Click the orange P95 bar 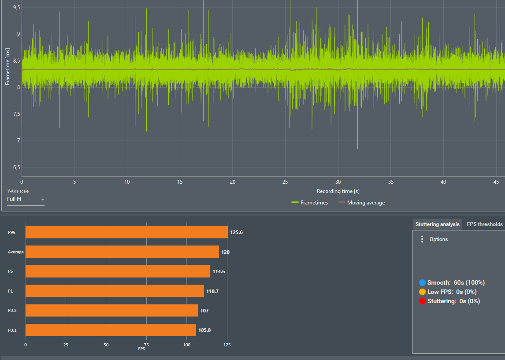click(126, 232)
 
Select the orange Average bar click(122, 252)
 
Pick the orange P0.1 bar click(111, 330)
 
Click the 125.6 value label click(236, 232)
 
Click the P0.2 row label click(12, 311)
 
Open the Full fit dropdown click(26, 200)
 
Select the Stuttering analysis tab click(437, 224)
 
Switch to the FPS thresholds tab click(484, 224)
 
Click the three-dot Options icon click(422, 239)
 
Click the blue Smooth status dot click(422, 282)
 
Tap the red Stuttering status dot click(422, 301)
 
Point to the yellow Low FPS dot click(422, 292)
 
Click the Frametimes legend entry click(309, 203)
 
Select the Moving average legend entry click(361, 203)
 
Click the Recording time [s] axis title click(338, 191)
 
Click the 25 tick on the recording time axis click(286, 182)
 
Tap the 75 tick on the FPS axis click(146, 345)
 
